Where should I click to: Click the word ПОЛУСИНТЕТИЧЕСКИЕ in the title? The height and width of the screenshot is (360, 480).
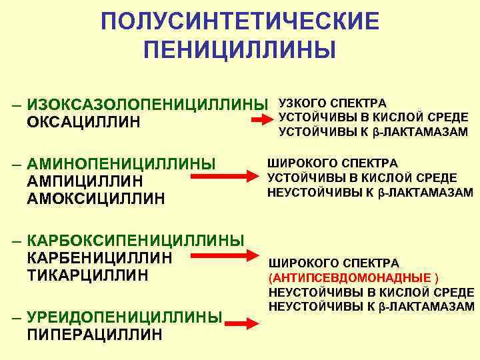pos(240,21)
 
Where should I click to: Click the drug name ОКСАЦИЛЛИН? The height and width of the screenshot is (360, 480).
pos(84,123)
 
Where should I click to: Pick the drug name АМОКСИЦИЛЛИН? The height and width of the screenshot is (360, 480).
pos(96,199)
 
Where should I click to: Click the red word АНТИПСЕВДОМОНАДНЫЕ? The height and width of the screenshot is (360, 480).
pos(350,277)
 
